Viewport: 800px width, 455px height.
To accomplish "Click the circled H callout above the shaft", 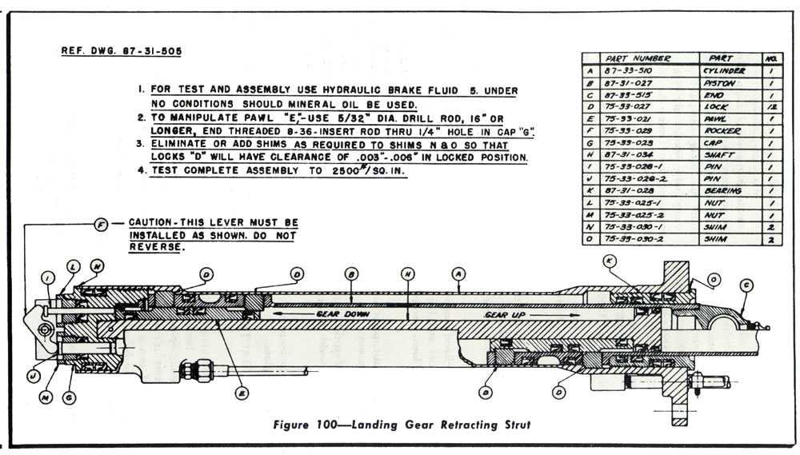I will [406, 274].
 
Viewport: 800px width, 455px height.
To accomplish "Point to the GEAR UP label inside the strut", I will [503, 315].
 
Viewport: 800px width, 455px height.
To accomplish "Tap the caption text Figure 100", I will [339, 423].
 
